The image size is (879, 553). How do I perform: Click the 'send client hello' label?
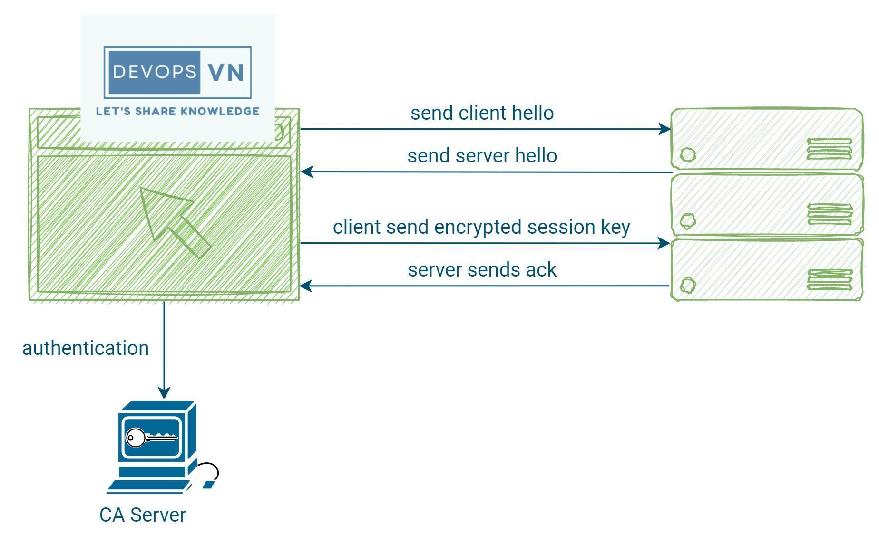pyautogui.click(x=482, y=113)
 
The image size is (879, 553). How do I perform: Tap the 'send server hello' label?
pyautogui.click(x=482, y=156)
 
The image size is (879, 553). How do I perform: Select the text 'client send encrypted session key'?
pyautogui.click(x=481, y=227)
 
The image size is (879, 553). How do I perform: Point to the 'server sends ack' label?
pyautogui.click(x=482, y=270)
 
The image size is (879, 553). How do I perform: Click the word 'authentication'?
pyautogui.click(x=86, y=348)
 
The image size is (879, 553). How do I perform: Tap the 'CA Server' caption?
pyautogui.click(x=143, y=515)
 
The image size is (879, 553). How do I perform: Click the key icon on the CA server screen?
pyautogui.click(x=151, y=438)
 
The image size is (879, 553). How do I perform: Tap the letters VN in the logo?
pyautogui.click(x=225, y=72)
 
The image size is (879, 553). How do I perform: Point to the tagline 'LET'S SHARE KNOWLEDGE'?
pyautogui.click(x=177, y=111)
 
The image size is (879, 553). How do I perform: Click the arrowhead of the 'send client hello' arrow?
pyautogui.click(x=664, y=129)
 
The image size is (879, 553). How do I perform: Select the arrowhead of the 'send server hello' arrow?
pyautogui.click(x=307, y=172)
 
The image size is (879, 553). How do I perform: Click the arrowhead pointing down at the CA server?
pyautogui.click(x=164, y=392)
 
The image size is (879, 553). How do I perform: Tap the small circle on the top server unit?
pyautogui.click(x=688, y=154)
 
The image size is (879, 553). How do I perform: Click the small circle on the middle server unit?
pyautogui.click(x=688, y=220)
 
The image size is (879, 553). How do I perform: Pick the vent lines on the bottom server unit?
pyautogui.click(x=830, y=279)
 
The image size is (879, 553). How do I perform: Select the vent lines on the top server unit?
pyautogui.click(x=830, y=149)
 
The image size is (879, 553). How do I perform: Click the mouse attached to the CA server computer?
pyautogui.click(x=208, y=484)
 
